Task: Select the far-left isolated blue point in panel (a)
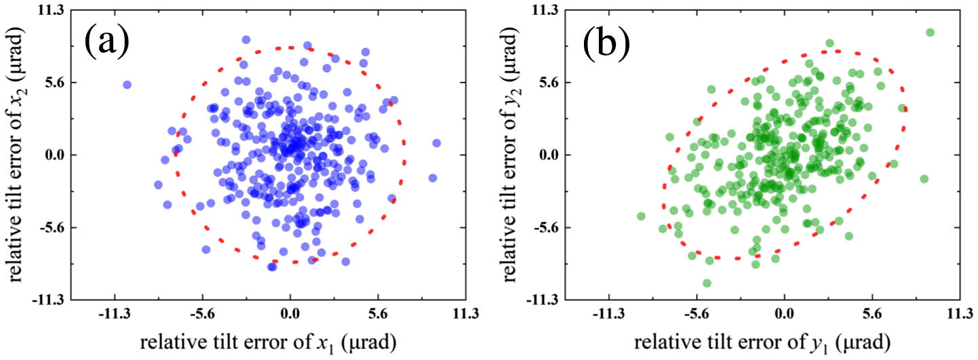tap(127, 85)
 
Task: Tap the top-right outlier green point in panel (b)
tap(930, 33)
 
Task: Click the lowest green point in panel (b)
tap(707, 283)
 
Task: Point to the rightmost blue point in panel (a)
tap(436, 143)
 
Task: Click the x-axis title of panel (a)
tap(265, 340)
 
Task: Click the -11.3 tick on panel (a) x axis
tap(114, 315)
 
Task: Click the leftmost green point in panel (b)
tap(641, 216)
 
